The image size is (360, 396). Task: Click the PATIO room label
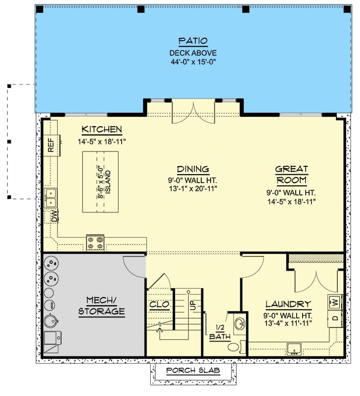coord(193,41)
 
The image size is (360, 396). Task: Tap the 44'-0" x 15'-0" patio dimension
coord(193,63)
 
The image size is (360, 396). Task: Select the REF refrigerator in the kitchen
coord(51,145)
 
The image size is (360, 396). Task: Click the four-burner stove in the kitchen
coord(95,243)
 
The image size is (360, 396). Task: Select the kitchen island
coord(101,175)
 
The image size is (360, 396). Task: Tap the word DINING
coord(193,169)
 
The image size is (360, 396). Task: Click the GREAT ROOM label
coord(291,174)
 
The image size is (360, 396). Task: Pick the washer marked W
coord(335,301)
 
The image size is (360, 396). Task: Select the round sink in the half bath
coord(239,324)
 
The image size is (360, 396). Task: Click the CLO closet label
coord(160,304)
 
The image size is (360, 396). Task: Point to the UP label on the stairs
coord(193,305)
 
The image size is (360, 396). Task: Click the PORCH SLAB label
coord(193,371)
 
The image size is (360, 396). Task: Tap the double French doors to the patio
coord(193,111)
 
